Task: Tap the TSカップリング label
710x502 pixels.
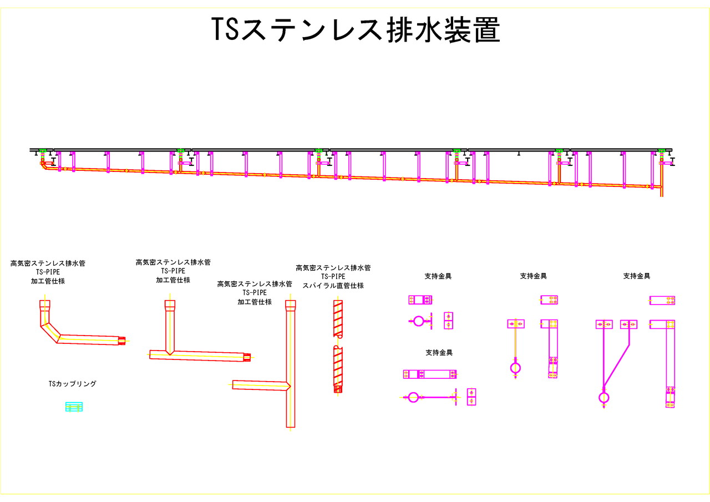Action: [x=72, y=383]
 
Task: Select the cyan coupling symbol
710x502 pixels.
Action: [x=74, y=407]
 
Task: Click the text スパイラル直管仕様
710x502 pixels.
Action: [x=333, y=286]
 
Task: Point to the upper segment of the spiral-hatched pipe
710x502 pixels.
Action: [x=338, y=318]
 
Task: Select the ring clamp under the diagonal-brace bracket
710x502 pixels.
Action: [x=603, y=397]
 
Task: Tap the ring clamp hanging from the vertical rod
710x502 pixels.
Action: [x=515, y=368]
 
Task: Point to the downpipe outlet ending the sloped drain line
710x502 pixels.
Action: [x=661, y=191]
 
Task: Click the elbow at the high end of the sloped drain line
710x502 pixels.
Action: [x=44, y=165]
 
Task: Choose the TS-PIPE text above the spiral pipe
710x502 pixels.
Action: [x=333, y=276]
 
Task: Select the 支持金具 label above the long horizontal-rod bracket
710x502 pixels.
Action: [x=439, y=352]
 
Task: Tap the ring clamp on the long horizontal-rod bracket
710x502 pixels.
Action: [x=413, y=397]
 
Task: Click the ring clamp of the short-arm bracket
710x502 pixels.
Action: [x=419, y=321]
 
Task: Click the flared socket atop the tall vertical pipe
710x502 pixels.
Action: [x=290, y=306]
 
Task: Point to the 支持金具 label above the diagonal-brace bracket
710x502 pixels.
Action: [x=636, y=276]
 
